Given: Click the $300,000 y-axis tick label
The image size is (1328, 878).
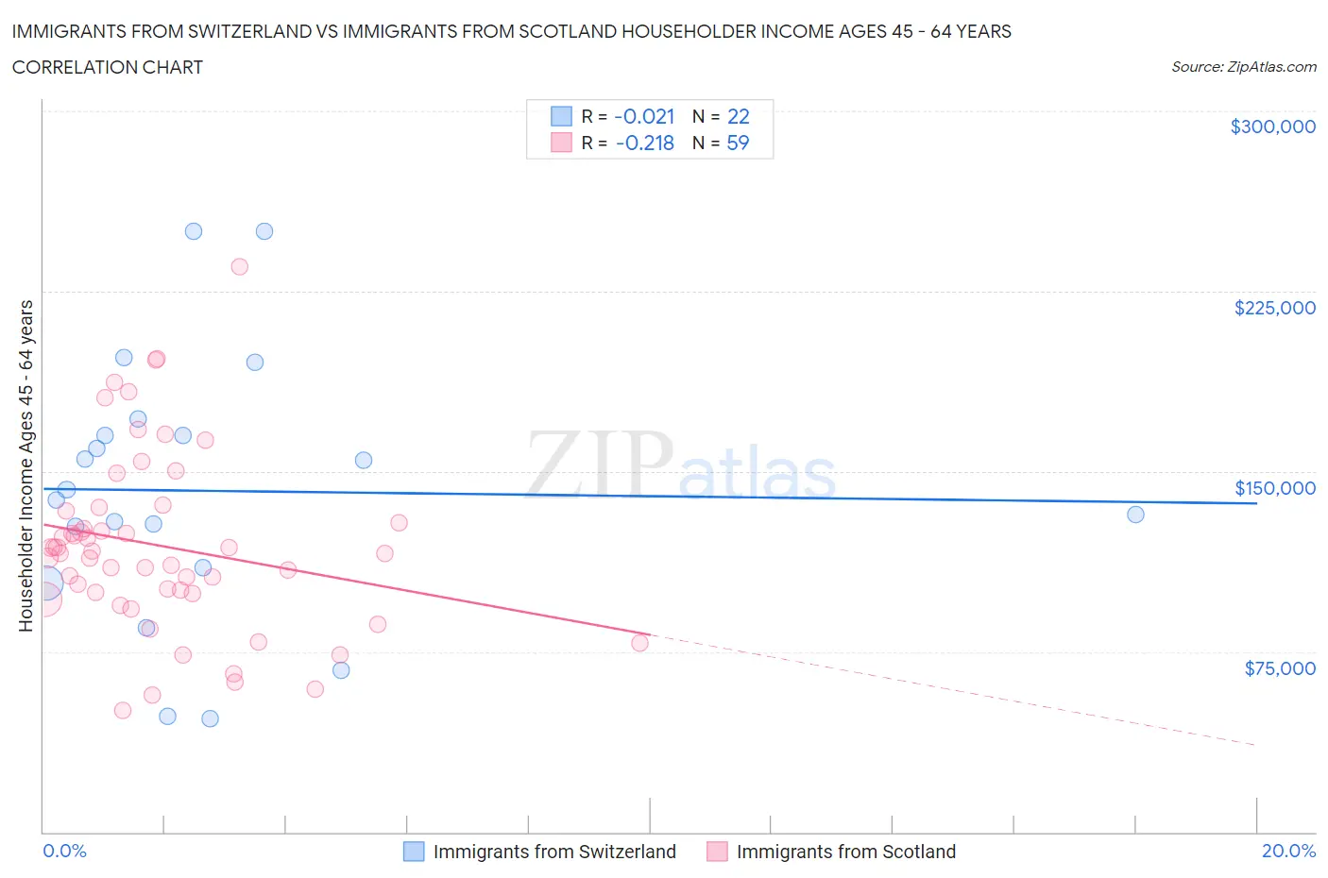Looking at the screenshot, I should click(x=1272, y=127).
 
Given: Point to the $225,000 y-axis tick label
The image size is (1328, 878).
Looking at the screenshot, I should click(x=1274, y=308).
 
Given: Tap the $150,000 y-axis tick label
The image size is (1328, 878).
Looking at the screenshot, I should click(x=1274, y=488).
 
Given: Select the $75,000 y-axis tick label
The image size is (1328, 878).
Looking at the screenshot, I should click(x=1279, y=668).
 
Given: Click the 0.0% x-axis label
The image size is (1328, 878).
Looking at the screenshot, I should click(x=64, y=851).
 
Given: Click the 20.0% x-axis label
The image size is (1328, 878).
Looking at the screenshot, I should click(x=1288, y=851).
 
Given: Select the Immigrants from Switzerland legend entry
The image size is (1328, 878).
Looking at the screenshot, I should click(x=553, y=852).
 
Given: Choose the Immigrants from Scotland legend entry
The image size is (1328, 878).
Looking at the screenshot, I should click(x=845, y=852).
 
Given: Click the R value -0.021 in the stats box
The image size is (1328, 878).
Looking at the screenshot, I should click(x=644, y=116).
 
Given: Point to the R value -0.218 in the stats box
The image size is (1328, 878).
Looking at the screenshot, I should click(x=644, y=143).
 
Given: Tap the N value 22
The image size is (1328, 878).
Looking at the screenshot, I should click(x=738, y=116).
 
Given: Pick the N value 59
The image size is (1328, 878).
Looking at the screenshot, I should click(x=738, y=143).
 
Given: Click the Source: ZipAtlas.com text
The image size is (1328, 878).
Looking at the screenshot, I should click(x=1243, y=67).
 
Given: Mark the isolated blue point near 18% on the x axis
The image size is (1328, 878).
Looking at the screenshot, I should click(x=1135, y=515).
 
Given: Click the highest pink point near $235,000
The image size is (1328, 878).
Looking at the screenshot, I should click(x=239, y=267).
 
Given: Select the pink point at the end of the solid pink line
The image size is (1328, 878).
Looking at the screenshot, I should click(x=639, y=643).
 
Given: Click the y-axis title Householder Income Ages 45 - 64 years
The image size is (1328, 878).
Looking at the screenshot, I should click(x=26, y=465).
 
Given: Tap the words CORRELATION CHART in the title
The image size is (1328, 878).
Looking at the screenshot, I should click(x=108, y=67).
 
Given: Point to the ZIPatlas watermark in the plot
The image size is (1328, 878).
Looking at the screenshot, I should click(x=680, y=465).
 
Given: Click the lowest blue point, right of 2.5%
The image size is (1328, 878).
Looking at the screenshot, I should click(x=210, y=718).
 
